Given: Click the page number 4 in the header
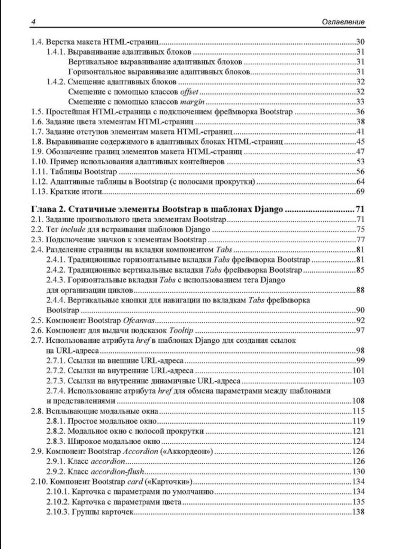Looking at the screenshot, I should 33,22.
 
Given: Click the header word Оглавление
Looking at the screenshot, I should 343,22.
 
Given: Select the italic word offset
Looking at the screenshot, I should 189,92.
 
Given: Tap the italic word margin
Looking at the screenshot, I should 193,102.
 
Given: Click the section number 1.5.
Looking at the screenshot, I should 37,112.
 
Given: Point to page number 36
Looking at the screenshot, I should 360,112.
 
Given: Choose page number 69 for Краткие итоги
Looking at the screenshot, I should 360,192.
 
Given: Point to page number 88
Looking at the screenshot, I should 360,290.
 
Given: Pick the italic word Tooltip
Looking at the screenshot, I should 181,331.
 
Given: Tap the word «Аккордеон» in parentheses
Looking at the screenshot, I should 187,452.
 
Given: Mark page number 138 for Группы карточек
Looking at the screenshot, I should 358,512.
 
